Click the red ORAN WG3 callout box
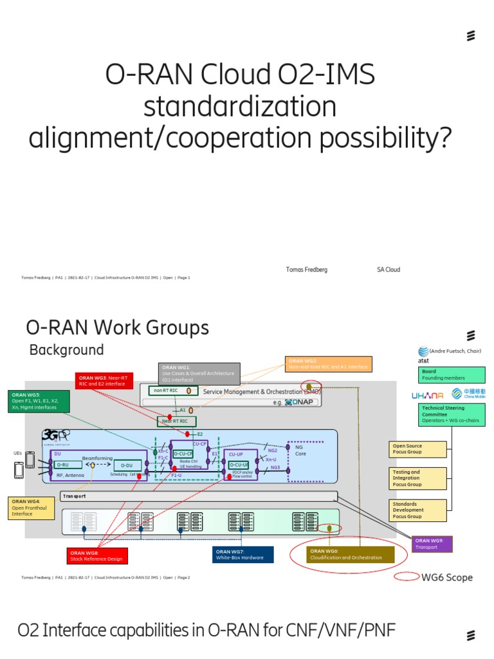click(104, 381)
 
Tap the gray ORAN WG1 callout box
click(199, 373)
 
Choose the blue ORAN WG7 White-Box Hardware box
click(242, 555)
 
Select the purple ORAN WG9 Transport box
click(432, 544)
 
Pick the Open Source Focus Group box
click(418, 448)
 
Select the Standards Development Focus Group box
click(418, 510)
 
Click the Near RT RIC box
click(176, 422)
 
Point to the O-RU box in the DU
click(68, 465)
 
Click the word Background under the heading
click(66, 350)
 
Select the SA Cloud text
click(388, 270)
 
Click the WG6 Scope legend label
click(446, 577)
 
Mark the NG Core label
click(300, 450)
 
